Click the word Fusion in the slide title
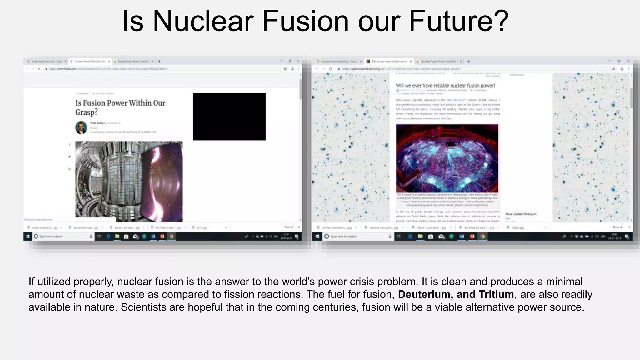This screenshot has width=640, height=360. click(x=305, y=21)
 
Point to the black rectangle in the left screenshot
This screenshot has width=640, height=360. click(x=229, y=117)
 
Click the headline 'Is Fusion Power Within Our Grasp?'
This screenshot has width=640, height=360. click(x=120, y=107)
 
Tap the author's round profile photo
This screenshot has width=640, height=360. click(x=81, y=127)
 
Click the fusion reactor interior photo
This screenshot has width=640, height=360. click(x=129, y=181)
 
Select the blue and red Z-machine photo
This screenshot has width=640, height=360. click(x=447, y=158)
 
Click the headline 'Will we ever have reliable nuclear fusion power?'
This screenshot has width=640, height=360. click(x=445, y=86)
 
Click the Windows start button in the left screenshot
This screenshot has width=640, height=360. click(x=28, y=237)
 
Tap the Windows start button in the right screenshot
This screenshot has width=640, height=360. click(x=317, y=237)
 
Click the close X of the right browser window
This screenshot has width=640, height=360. click(x=628, y=61)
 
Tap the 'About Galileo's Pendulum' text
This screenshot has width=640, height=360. click(x=521, y=214)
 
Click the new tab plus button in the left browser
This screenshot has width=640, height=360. click(x=159, y=61)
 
